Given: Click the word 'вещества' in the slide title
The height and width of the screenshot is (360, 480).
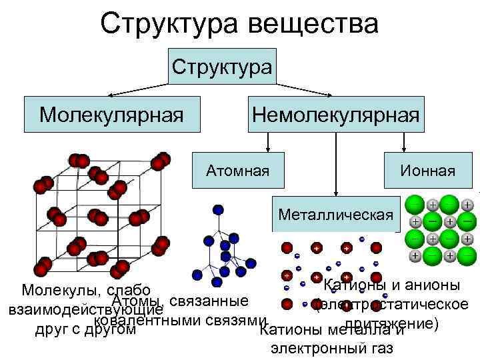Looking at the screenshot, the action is click(313, 24).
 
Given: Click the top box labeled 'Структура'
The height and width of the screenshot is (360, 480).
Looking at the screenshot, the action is click(222, 66).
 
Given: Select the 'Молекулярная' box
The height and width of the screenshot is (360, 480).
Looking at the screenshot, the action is click(111, 114).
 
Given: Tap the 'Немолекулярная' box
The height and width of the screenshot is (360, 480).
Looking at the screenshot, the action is click(335, 114).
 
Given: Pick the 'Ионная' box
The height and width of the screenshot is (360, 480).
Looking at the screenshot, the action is click(427, 171).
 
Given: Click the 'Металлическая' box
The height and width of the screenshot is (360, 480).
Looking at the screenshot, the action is click(336, 215).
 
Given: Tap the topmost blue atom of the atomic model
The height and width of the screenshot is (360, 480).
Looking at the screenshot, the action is click(217, 209).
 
